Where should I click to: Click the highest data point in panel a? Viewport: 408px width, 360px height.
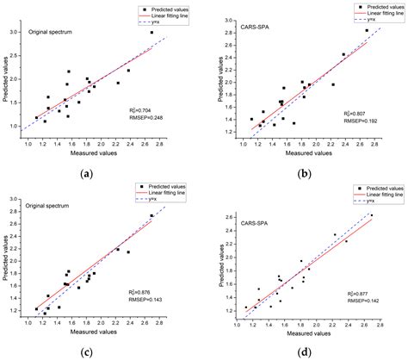click(151, 33)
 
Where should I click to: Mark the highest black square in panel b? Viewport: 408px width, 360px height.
click(367, 30)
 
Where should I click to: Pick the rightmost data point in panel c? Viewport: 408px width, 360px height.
click(151, 216)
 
